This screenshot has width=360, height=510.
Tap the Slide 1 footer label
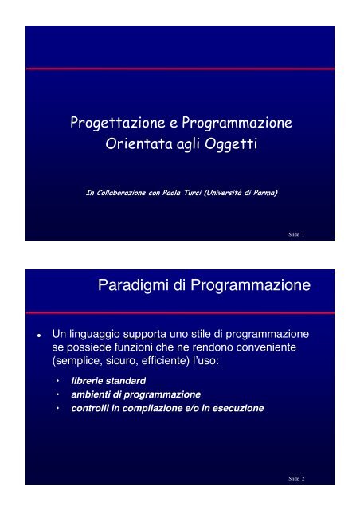point(298,234)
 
